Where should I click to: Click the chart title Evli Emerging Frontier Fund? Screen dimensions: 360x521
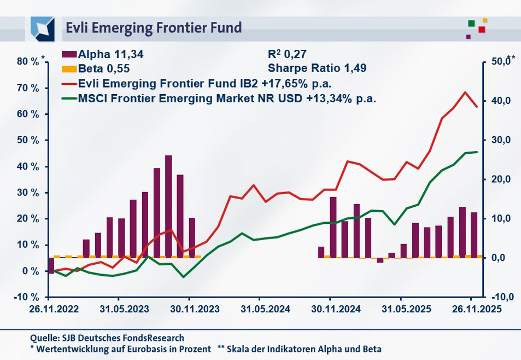click(x=153, y=27)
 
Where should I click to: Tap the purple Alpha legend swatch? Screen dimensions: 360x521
click(x=69, y=54)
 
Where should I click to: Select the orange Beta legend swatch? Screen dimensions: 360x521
click(x=69, y=69)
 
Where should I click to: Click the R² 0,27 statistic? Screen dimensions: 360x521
click(x=287, y=54)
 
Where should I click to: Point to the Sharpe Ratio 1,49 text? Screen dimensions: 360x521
click(x=317, y=69)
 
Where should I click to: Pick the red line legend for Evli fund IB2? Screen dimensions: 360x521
click(x=69, y=84)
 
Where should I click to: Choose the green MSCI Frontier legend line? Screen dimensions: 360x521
click(x=69, y=99)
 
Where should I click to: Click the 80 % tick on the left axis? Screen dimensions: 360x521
click(x=27, y=62)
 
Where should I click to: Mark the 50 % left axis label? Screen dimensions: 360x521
click(x=27, y=141)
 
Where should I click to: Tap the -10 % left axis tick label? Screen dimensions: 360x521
click(x=26, y=297)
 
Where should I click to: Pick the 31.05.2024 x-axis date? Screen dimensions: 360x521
click(x=260, y=309)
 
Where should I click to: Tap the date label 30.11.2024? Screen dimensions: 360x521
click(x=330, y=309)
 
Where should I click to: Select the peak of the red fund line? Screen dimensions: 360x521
click(x=465, y=92)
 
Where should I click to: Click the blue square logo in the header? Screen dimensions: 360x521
click(x=42, y=27)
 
